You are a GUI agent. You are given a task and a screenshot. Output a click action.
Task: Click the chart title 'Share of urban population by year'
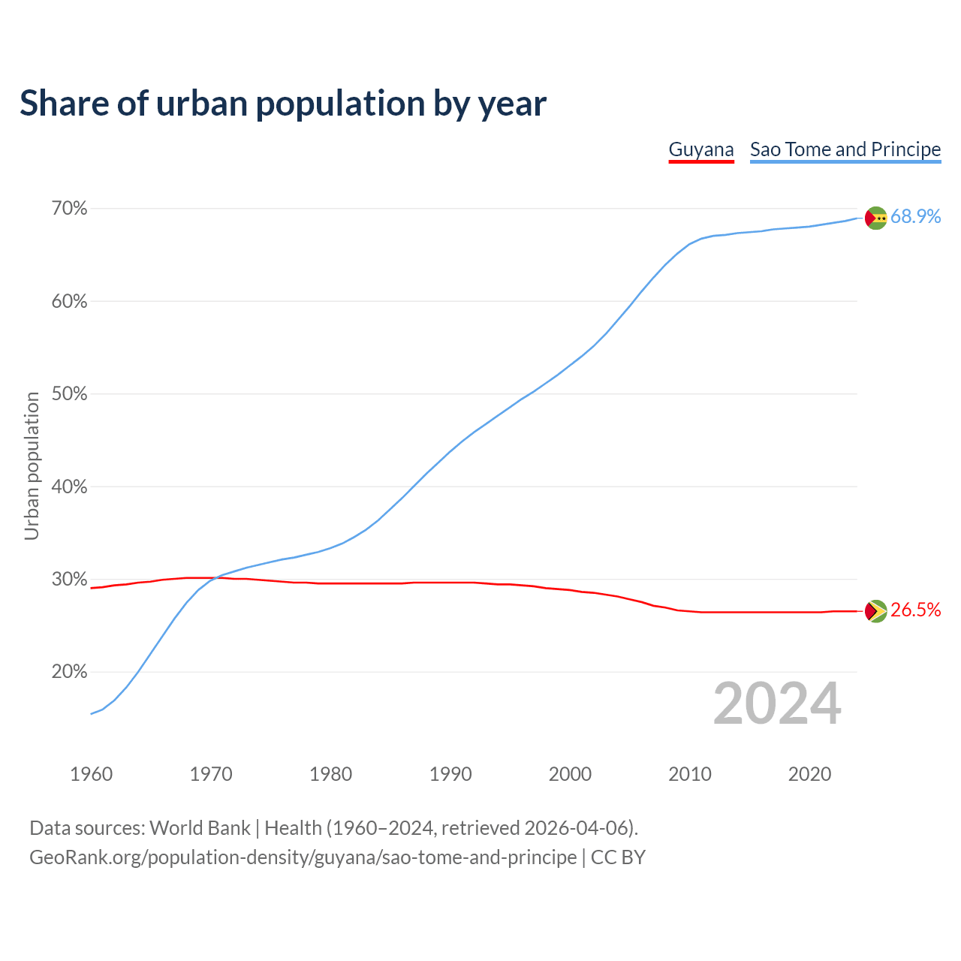point(283,104)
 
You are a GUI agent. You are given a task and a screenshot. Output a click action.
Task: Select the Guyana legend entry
point(700,149)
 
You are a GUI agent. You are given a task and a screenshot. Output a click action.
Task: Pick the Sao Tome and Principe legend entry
point(845,149)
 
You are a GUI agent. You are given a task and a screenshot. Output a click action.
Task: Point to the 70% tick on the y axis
point(70,209)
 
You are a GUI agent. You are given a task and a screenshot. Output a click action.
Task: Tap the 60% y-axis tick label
point(70,302)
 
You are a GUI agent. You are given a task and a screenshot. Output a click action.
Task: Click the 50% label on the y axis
point(70,394)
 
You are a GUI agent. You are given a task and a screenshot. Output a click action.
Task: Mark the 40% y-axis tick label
point(70,487)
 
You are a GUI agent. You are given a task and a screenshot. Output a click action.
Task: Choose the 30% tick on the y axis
point(70,580)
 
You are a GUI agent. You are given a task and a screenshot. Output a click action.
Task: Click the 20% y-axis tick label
point(70,672)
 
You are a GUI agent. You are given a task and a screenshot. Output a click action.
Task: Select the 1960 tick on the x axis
point(91,774)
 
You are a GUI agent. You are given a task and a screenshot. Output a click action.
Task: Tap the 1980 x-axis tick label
point(330,774)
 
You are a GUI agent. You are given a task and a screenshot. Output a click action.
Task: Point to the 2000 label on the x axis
point(570,774)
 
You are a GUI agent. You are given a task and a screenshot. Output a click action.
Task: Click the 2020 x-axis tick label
point(809,774)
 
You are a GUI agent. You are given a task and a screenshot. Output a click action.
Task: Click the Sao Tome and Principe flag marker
point(876,218)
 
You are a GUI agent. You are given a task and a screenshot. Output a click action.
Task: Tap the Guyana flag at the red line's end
point(876,611)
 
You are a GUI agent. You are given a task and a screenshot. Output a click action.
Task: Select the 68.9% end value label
point(915,217)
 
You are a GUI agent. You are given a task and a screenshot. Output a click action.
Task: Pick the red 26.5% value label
point(915,610)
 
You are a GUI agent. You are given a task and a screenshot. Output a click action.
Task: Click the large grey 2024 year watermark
point(777,703)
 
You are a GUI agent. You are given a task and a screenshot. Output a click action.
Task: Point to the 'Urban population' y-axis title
point(32,465)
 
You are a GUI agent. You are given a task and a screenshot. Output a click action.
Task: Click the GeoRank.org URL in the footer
point(303,857)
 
